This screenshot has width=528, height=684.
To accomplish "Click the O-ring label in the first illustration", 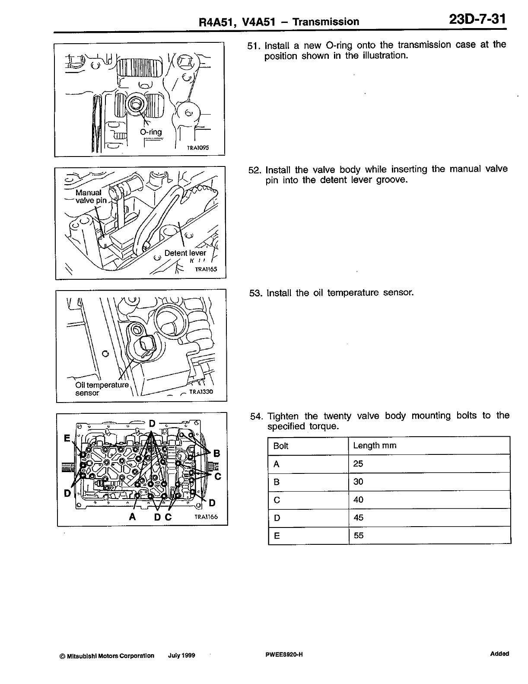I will (x=151, y=132).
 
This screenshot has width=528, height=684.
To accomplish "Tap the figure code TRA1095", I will (x=197, y=147).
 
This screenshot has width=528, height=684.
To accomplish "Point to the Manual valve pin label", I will (x=91, y=196).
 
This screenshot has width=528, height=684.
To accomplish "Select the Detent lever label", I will (x=185, y=253).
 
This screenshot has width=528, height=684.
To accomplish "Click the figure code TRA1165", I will (x=206, y=269).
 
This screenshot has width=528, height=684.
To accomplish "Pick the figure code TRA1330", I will (x=201, y=392).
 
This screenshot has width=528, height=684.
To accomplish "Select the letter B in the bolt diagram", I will (x=217, y=453).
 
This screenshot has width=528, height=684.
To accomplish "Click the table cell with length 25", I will (x=358, y=464).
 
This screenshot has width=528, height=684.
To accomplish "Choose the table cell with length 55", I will (x=359, y=536).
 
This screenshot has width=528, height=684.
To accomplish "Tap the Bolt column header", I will (x=281, y=446).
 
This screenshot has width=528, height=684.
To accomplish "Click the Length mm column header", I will (x=374, y=446).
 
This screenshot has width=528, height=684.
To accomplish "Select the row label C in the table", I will (x=277, y=500).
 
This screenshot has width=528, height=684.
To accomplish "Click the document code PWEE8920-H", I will (x=284, y=655).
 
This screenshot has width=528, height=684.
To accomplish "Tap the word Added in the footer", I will (x=499, y=654).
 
